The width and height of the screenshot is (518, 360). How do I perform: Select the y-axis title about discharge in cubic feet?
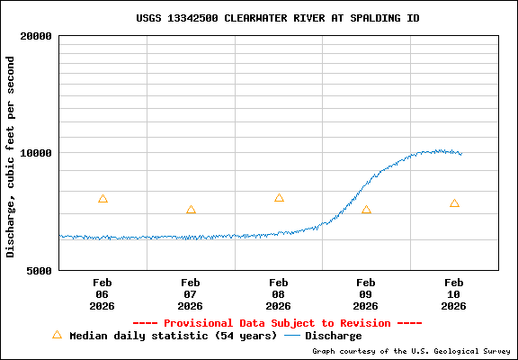click(x=11, y=157)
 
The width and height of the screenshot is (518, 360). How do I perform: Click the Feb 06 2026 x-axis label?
click(x=103, y=293)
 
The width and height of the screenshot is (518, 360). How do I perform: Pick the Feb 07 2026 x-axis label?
click(x=191, y=293)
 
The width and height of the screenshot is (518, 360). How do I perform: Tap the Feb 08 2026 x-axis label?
click(x=279, y=293)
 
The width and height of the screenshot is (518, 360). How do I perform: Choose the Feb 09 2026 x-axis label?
click(x=366, y=293)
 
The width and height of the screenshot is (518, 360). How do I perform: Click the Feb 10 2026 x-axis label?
click(x=454, y=293)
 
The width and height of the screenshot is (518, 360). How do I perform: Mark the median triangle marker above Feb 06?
click(x=103, y=199)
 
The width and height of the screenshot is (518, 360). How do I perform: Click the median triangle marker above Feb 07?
click(x=191, y=210)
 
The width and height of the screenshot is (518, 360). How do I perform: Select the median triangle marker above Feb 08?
click(x=279, y=198)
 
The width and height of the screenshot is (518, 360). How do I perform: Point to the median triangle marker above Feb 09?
click(x=366, y=210)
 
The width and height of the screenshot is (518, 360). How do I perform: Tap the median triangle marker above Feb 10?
click(x=454, y=203)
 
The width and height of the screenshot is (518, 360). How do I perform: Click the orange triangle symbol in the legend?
click(x=57, y=335)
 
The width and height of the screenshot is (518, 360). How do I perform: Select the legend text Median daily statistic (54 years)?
click(x=174, y=336)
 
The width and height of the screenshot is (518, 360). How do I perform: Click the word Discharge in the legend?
click(x=333, y=336)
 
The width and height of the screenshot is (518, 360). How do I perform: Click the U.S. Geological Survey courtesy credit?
click(x=411, y=351)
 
